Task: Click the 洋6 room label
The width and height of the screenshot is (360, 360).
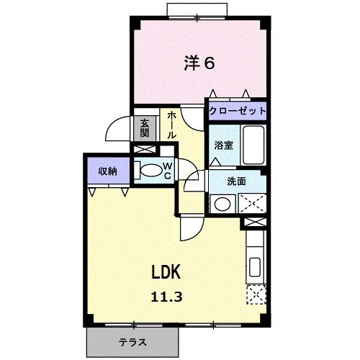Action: click(x=199, y=63)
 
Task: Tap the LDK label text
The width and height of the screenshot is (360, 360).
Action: click(x=166, y=272)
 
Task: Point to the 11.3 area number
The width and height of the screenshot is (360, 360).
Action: click(x=166, y=297)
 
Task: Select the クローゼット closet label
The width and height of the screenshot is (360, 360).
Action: click(x=238, y=111)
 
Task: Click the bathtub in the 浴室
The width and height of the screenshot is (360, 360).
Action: click(x=253, y=145)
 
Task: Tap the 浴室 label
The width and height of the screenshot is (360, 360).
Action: click(x=224, y=145)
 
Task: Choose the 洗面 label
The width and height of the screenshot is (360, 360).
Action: click(x=236, y=181)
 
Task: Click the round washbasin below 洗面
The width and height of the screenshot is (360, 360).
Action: click(x=222, y=204)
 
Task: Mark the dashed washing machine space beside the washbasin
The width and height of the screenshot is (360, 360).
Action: click(x=252, y=203)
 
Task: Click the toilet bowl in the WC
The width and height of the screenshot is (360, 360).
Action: click(x=151, y=171)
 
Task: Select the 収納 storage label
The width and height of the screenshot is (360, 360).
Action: click(x=108, y=171)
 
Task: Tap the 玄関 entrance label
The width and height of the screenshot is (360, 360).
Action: click(x=145, y=128)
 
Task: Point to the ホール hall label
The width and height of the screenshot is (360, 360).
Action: click(x=171, y=125)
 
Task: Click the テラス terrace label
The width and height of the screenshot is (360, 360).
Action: click(x=132, y=342)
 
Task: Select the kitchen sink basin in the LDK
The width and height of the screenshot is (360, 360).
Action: click(x=255, y=267)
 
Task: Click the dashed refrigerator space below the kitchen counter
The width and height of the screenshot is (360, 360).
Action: click(x=256, y=294)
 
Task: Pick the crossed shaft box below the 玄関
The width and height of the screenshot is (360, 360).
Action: click(x=143, y=149)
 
